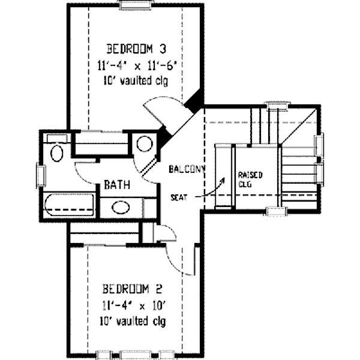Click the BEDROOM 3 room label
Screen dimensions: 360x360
click(136, 49)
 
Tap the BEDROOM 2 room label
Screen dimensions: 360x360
click(133, 289)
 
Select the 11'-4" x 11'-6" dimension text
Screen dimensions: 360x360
click(137, 66)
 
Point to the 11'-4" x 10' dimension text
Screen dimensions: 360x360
click(134, 306)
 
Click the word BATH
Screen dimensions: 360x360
click(117, 185)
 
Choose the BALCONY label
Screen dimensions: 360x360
click(187, 169)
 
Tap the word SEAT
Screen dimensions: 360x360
click(179, 197)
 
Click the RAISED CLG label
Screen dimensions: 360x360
click(250, 179)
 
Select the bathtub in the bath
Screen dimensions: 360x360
click(69, 205)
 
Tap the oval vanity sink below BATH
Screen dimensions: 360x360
click(121, 208)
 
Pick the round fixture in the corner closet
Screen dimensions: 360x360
click(145, 144)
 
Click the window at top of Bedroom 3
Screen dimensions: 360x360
click(136, 5)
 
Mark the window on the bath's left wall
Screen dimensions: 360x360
click(41, 175)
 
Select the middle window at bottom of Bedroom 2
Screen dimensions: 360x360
click(136, 355)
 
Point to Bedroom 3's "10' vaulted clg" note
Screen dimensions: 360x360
click(136, 81)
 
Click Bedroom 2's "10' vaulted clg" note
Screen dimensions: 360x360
click(133, 322)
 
